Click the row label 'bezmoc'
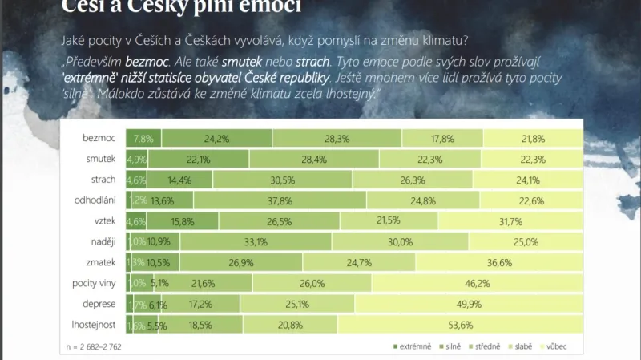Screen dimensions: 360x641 point(99,137)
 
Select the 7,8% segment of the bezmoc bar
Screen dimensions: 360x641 point(143,137)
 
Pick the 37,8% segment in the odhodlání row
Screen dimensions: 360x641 point(279,200)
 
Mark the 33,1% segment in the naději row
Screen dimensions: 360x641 point(255,241)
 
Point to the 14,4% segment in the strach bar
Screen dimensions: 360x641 point(179,179)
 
